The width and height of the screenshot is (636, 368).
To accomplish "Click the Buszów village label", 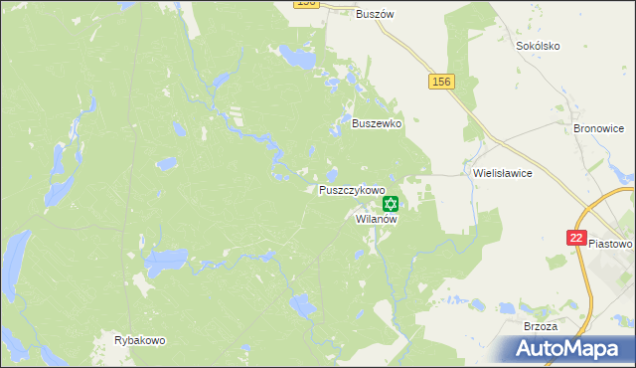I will pyautogui.click(x=376, y=14).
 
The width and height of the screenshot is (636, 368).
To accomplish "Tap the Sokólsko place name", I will pyautogui.click(x=539, y=46).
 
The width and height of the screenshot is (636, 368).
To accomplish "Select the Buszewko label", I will pyautogui.click(x=377, y=124).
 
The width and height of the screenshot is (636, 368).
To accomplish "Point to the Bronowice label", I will pyautogui.click(x=597, y=128).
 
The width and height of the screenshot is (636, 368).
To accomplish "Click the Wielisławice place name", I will pyautogui.click(x=503, y=172).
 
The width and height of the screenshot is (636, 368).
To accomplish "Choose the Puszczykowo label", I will pyautogui.click(x=352, y=189).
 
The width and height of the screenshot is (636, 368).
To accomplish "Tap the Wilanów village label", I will pyautogui.click(x=377, y=219).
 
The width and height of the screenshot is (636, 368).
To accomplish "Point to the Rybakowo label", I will pyautogui.click(x=139, y=340).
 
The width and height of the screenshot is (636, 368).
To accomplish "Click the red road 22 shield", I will pyautogui.click(x=576, y=238).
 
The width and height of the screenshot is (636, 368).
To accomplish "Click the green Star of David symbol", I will pyautogui.click(x=390, y=204).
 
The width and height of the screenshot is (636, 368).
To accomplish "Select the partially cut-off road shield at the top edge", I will pyautogui.click(x=306, y=4).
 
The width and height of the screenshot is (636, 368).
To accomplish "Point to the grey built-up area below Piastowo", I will pyautogui.click(x=610, y=283).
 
